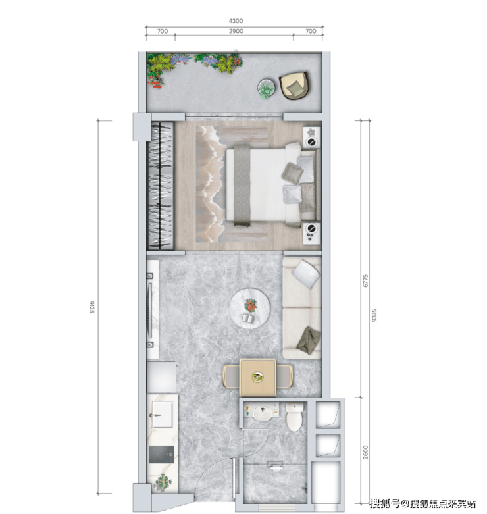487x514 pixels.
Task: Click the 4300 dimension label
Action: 236,21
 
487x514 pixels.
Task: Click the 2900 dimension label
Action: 236,31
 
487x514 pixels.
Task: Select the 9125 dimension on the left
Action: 91,307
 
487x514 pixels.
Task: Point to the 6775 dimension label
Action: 366,281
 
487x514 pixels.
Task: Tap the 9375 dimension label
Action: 374,315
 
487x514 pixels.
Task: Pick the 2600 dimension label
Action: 366,452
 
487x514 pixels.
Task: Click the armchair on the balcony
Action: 294,86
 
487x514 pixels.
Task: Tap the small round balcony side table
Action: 267,88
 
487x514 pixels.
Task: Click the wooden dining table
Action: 258,377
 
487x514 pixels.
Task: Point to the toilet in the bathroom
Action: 294,417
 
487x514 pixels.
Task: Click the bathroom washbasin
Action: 262,414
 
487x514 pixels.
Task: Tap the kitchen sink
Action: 162,415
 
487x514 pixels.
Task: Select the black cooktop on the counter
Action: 162,454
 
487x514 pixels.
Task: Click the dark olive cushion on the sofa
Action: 309,341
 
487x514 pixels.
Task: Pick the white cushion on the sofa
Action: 306,274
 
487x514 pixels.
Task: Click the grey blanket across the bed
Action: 242,186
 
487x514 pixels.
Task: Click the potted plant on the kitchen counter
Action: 163,482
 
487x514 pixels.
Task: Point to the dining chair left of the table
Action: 231,376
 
